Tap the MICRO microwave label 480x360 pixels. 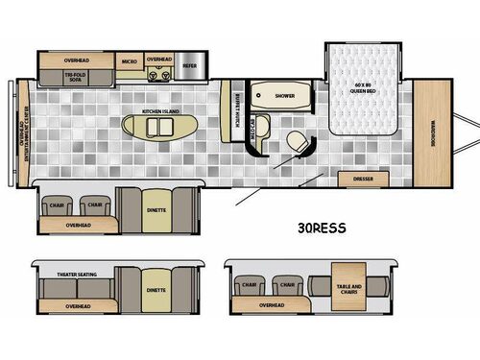(x=129, y=60)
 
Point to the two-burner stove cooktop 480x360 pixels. (x=158, y=73)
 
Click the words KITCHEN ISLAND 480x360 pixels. (x=161, y=112)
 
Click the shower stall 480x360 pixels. (x=283, y=96)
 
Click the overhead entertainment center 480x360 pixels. (x=24, y=132)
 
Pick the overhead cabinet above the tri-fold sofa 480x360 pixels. (x=76, y=60)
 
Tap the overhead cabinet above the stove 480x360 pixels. (x=158, y=60)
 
